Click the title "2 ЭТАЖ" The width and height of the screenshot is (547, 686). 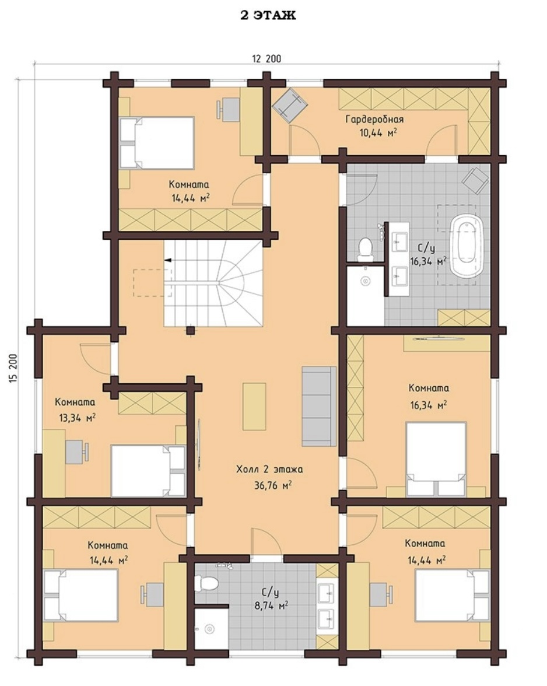[268, 15]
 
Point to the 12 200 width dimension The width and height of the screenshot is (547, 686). [267, 58]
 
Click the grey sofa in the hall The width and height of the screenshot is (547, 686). [319, 407]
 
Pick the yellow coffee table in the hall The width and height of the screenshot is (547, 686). [254, 407]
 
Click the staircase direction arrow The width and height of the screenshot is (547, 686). [167, 260]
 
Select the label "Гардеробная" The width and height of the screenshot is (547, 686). [374, 120]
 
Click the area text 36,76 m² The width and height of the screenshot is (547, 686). [273, 485]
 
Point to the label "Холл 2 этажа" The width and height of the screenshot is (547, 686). [269, 470]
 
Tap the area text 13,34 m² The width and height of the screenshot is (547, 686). [78, 418]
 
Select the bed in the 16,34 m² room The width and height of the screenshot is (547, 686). [436, 459]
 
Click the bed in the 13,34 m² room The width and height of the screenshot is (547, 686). [148, 471]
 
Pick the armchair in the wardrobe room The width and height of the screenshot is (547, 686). [290, 103]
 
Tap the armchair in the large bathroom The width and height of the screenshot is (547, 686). [475, 180]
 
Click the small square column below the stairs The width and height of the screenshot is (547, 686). [190, 330]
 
